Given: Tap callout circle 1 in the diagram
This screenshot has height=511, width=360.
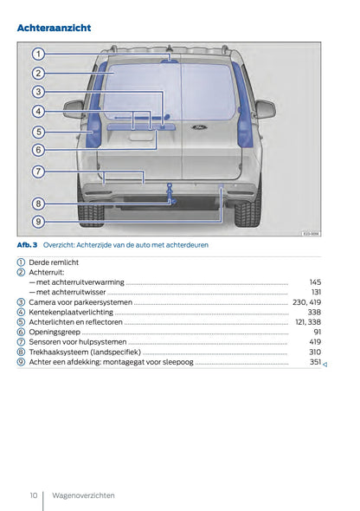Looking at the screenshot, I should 38,54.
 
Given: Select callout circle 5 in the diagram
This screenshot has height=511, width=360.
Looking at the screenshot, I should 38,132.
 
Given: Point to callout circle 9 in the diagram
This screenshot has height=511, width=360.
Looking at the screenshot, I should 38,222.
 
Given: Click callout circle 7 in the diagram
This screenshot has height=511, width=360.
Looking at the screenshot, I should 38,171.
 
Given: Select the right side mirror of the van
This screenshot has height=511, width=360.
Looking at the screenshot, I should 264,108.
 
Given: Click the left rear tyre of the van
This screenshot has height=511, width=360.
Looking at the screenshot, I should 91,210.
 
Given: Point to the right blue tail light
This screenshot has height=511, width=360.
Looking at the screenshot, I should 245,121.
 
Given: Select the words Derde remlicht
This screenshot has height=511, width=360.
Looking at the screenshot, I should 54,262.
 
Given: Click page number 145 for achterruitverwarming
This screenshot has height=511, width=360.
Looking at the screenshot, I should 315,282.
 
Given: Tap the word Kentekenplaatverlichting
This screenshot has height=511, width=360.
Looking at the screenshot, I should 71,312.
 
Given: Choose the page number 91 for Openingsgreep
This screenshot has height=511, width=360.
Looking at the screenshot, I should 317,332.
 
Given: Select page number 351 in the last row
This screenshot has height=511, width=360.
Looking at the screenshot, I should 315,362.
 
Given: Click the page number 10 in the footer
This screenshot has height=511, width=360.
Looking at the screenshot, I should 33,495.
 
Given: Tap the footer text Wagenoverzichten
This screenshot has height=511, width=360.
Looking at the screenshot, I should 83,495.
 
